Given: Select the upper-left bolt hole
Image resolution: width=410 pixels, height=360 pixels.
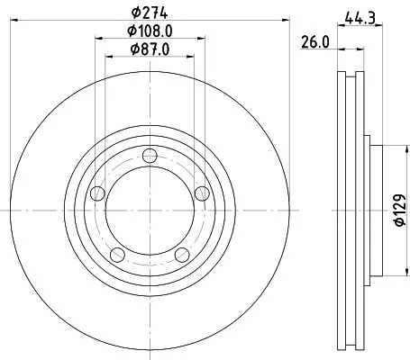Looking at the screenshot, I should (x=99, y=192).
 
